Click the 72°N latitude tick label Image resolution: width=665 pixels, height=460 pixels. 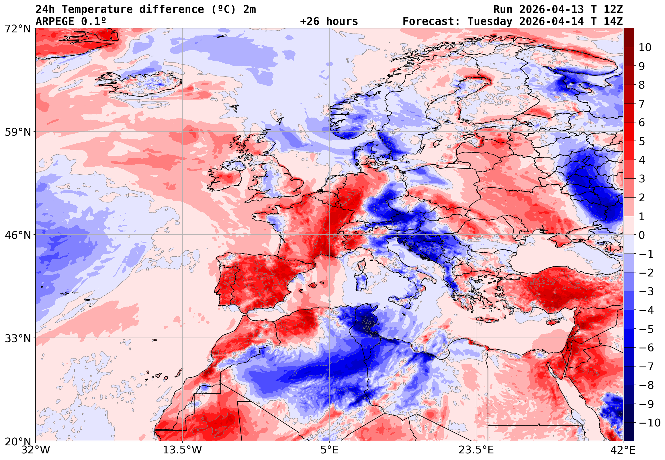(17, 29)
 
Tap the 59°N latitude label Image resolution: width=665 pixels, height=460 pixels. (17, 132)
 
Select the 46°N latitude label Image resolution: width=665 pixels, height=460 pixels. (17, 235)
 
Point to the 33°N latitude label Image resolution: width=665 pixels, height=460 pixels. (17, 338)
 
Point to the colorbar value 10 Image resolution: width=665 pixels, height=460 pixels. (645, 47)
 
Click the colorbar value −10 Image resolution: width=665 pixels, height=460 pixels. (650, 423)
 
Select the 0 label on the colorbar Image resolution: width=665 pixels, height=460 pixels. (642, 235)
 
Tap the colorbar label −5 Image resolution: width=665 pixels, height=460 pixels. (646, 329)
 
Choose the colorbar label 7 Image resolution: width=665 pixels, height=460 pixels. (642, 104)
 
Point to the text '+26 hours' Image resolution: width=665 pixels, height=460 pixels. (329, 21)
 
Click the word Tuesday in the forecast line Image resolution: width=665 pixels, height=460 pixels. (490, 21)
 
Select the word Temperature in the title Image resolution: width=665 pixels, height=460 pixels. (97, 9)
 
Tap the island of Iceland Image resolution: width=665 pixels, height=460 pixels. (141, 83)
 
